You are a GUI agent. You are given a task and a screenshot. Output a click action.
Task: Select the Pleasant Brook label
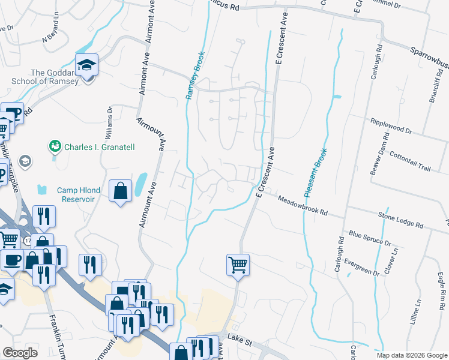[315, 173]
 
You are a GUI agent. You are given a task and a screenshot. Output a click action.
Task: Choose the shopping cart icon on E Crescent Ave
[238, 264]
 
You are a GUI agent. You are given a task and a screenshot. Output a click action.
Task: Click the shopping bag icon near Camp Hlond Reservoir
[120, 191]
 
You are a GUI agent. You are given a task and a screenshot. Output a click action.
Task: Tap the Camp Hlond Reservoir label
[76, 194]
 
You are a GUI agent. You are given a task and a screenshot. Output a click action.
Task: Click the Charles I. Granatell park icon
[55, 145]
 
